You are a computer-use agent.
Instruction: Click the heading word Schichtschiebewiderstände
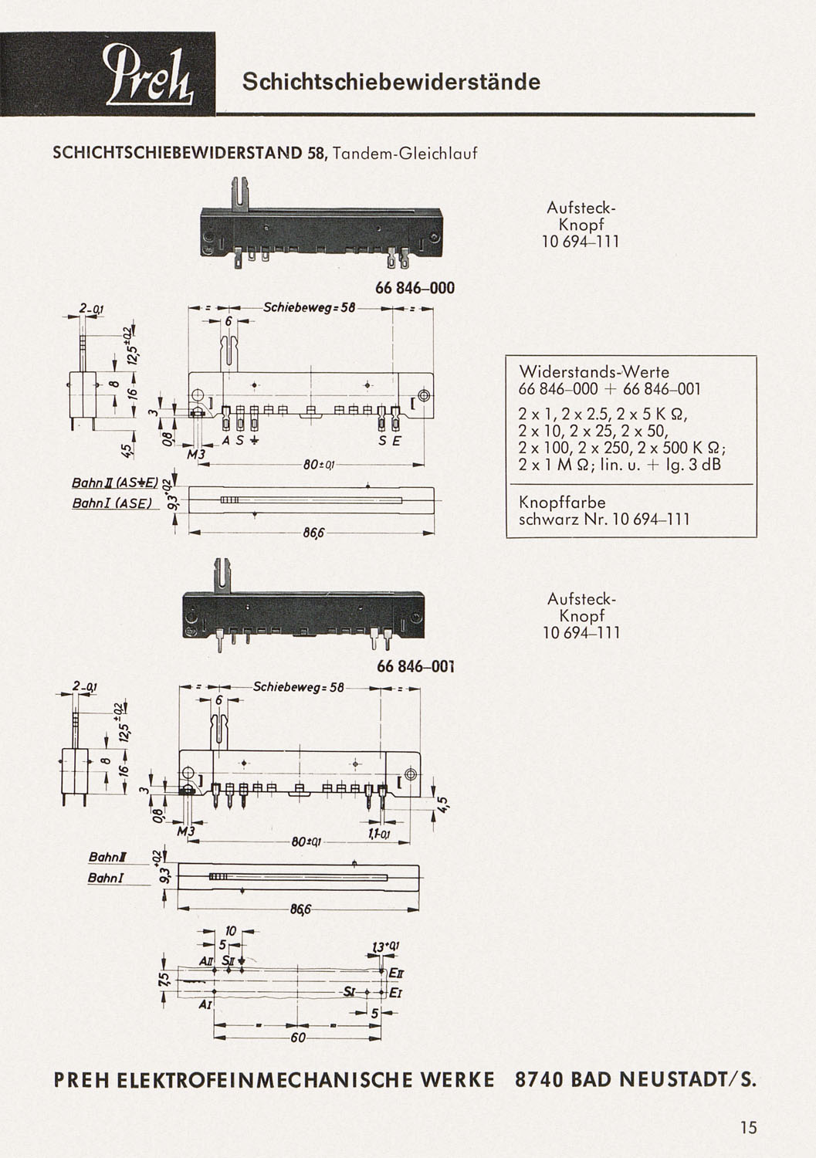pyautogui.click(x=391, y=82)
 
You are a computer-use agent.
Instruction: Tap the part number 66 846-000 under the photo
pyautogui.click(x=415, y=288)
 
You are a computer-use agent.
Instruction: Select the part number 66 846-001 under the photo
pyautogui.click(x=415, y=666)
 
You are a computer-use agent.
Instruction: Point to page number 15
pyautogui.click(x=748, y=1127)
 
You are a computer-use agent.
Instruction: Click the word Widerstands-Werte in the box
pyautogui.click(x=594, y=372)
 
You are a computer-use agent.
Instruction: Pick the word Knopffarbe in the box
pyautogui.click(x=562, y=503)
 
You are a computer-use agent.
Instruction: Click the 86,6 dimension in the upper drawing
pyautogui.click(x=312, y=532)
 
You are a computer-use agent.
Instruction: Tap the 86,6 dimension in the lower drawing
pyautogui.click(x=300, y=909)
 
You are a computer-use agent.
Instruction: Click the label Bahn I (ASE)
pyautogui.click(x=112, y=503)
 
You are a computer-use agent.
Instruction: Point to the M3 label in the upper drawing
pyautogui.click(x=198, y=455)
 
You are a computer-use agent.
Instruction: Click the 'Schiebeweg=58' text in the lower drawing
pyautogui.click(x=298, y=686)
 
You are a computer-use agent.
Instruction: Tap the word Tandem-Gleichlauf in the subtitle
pyautogui.click(x=406, y=153)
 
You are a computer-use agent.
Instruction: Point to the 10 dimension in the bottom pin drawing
pyautogui.click(x=230, y=931)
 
